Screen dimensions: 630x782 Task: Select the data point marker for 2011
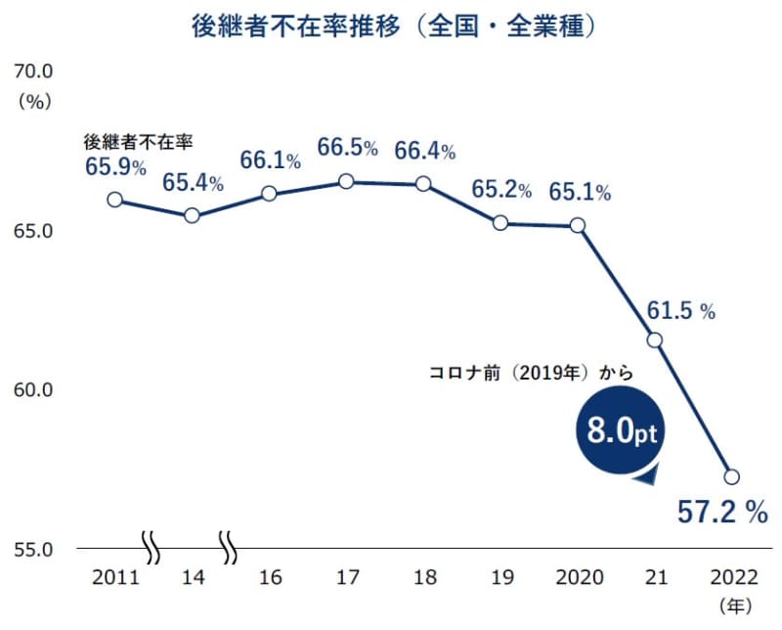114,200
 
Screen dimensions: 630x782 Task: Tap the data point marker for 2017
346,181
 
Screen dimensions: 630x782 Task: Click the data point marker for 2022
732,476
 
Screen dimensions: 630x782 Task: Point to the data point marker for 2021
655,339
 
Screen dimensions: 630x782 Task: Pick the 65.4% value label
193,183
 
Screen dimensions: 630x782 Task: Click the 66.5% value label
347,149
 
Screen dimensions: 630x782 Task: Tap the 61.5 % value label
681,311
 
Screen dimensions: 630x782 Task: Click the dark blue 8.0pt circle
617,431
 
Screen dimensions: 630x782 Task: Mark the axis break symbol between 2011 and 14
152,548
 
